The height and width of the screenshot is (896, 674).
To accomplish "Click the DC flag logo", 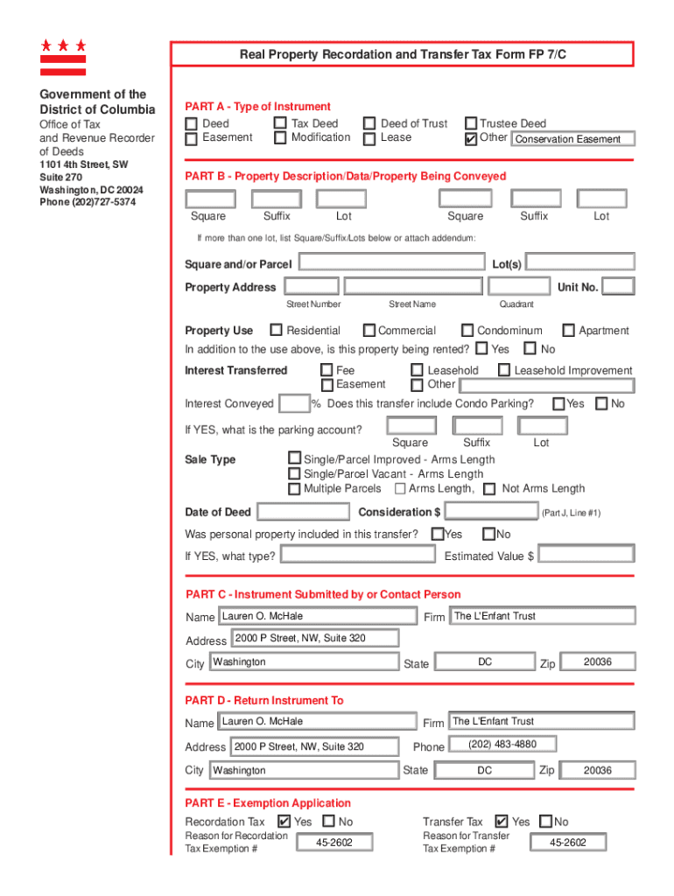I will (x=63, y=57).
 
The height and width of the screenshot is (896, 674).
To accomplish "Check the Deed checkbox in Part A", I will (x=191, y=124).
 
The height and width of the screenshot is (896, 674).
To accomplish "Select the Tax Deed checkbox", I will (x=280, y=124).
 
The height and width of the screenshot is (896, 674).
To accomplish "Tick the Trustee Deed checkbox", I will (x=471, y=124).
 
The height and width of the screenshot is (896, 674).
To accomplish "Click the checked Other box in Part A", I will (x=471, y=138).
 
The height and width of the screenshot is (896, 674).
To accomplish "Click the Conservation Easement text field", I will (x=572, y=139).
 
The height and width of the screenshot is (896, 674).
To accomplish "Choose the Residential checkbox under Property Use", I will (x=276, y=330).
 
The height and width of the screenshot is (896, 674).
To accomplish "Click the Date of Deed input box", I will (x=305, y=512).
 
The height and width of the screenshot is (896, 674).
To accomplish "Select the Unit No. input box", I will (x=619, y=287).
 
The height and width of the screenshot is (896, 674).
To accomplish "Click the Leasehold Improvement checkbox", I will (x=504, y=370).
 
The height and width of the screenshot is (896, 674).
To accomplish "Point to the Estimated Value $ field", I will (x=586, y=555).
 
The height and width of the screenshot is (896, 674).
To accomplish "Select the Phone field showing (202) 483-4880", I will (x=502, y=745).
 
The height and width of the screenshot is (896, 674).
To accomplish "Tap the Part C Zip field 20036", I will (x=598, y=662).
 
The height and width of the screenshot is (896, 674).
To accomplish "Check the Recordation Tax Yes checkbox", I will (x=284, y=821).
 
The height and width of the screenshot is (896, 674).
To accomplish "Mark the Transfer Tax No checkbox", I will (x=546, y=821).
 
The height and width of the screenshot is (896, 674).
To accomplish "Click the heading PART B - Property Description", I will (x=345, y=176).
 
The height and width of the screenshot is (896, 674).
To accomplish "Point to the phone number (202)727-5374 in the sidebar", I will (x=88, y=202).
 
